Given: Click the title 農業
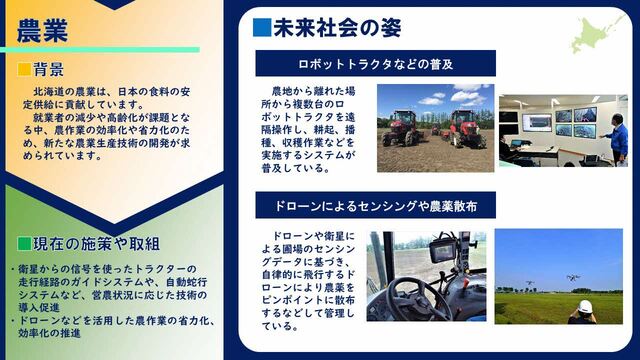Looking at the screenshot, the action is (42, 31).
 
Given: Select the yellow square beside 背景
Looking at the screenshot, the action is (24, 69).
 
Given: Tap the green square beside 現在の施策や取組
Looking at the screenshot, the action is (24, 244).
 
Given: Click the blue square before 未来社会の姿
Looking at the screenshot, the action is (262, 28).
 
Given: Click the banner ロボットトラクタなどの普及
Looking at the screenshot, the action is (376, 64).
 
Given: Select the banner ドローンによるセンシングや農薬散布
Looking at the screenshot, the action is (376, 205).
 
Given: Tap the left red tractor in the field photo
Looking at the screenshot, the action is (401, 129).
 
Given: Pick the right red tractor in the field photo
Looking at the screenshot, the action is (466, 129).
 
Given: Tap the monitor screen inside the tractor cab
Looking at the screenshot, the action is (443, 251).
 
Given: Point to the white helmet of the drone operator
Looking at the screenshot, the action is (585, 306).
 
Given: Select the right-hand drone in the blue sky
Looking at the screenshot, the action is (573, 278).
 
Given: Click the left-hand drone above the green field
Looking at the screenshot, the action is (530, 282).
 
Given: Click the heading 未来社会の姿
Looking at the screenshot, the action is (337, 28).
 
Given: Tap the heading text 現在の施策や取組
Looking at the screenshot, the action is (96, 244).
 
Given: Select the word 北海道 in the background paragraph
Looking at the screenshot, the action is (49, 91).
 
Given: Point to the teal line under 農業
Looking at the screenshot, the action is (100, 50).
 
